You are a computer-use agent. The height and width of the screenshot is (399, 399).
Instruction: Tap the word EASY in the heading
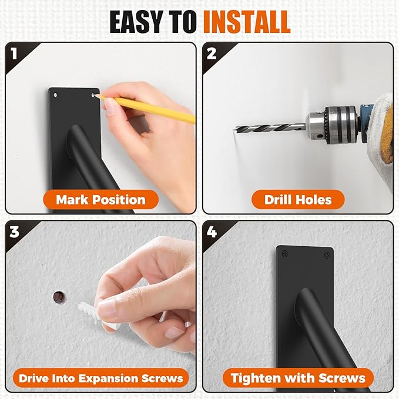coord(139,22)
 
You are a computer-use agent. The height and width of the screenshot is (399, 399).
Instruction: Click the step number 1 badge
coord(15,53)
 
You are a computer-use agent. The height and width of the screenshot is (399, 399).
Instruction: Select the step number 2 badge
coord(212,53)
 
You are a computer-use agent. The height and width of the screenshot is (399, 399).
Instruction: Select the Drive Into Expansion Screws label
coord(100,377)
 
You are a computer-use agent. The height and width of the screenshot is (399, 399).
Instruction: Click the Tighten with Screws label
coord(298,377)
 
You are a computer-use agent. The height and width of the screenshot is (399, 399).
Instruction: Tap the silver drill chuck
coord(332,123)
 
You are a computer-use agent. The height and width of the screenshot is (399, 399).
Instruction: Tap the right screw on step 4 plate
coord(326,255)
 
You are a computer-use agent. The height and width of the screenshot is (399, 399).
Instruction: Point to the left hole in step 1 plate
coord(56,93)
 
